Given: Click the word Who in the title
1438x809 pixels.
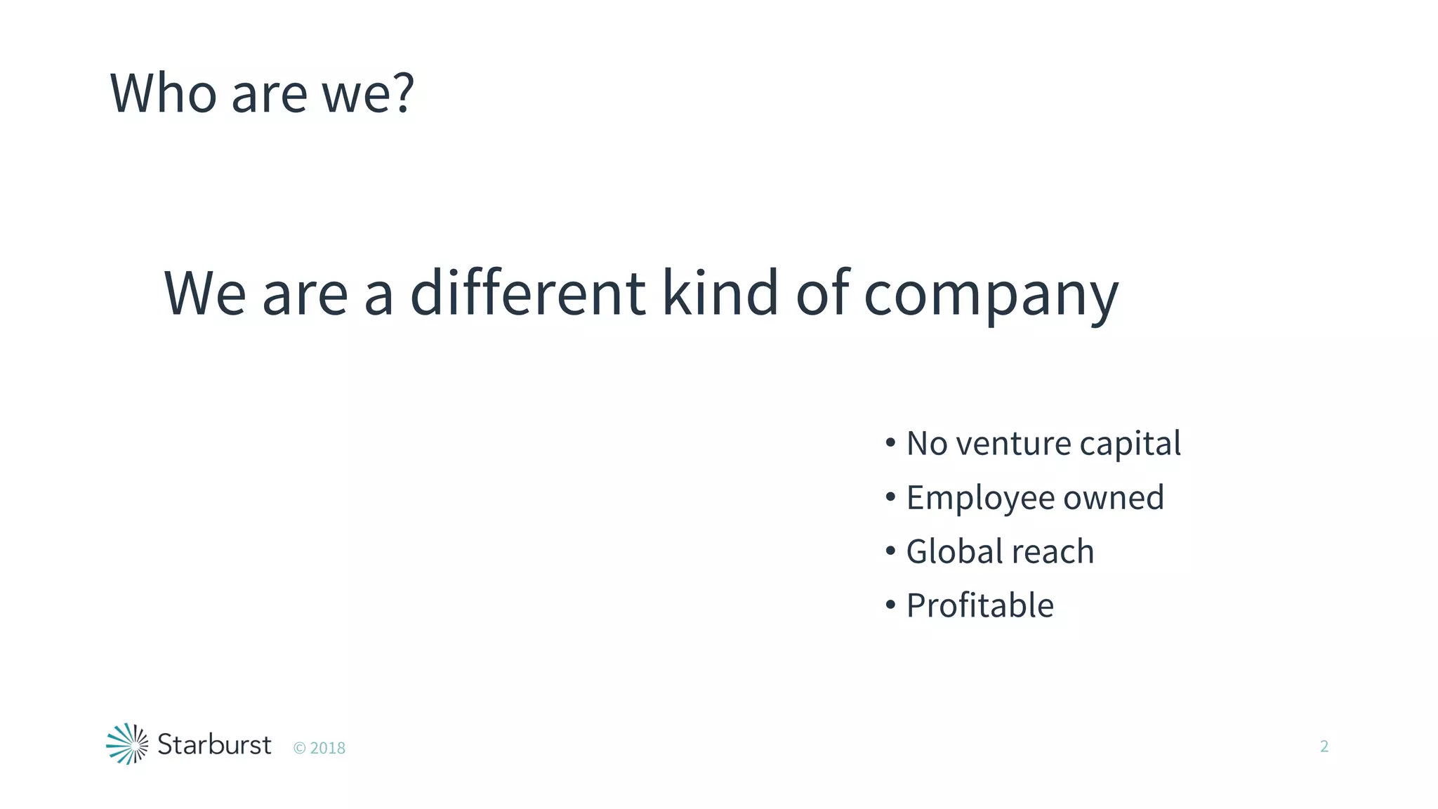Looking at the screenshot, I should click(x=163, y=93).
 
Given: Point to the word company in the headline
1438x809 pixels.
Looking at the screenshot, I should click(x=991, y=295).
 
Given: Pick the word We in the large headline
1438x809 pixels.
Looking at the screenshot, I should click(x=205, y=294).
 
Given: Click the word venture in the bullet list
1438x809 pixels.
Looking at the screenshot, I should click(x=1013, y=444).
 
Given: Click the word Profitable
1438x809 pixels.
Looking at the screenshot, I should click(x=979, y=605).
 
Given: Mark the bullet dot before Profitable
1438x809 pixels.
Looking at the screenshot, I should click(x=890, y=605).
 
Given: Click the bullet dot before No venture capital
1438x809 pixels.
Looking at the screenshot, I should click(x=890, y=443).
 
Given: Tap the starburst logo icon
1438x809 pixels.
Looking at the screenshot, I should click(x=127, y=744).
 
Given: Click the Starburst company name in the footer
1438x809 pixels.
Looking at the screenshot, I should click(x=214, y=744).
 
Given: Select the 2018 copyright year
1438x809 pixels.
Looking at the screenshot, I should click(x=327, y=749).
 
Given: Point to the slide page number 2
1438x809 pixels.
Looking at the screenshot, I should click(x=1324, y=746).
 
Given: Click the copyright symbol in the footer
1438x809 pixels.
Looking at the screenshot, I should click(x=299, y=749).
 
